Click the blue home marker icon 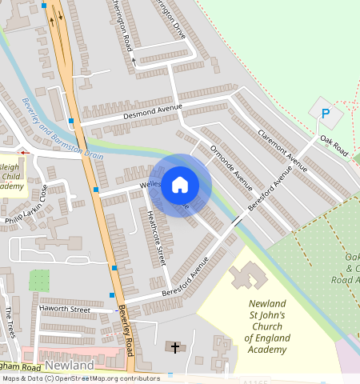180,185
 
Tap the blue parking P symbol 325,114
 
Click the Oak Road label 334,145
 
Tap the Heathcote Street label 156,237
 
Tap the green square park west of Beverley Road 39,281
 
